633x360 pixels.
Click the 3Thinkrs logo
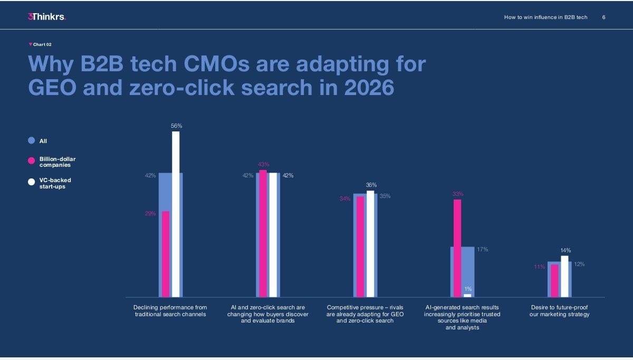tap(47, 17)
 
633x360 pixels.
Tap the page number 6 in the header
tap(604, 17)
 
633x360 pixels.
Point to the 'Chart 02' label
tap(42, 44)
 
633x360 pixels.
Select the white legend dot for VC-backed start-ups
tap(32, 182)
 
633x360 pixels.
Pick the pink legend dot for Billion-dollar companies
tap(32, 162)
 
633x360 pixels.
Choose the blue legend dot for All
tap(32, 140)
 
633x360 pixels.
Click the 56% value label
tap(176, 126)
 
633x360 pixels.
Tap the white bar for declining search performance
tap(176, 214)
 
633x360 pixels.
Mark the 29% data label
tap(150, 214)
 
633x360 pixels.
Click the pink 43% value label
tap(263, 165)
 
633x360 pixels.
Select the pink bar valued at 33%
tap(457, 248)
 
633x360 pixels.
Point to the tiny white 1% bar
tap(467, 296)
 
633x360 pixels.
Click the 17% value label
tap(482, 249)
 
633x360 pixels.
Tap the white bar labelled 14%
tap(564, 276)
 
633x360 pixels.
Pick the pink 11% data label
tap(539, 267)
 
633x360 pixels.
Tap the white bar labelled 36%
tap(370, 244)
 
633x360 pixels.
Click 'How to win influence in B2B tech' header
tap(545, 17)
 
